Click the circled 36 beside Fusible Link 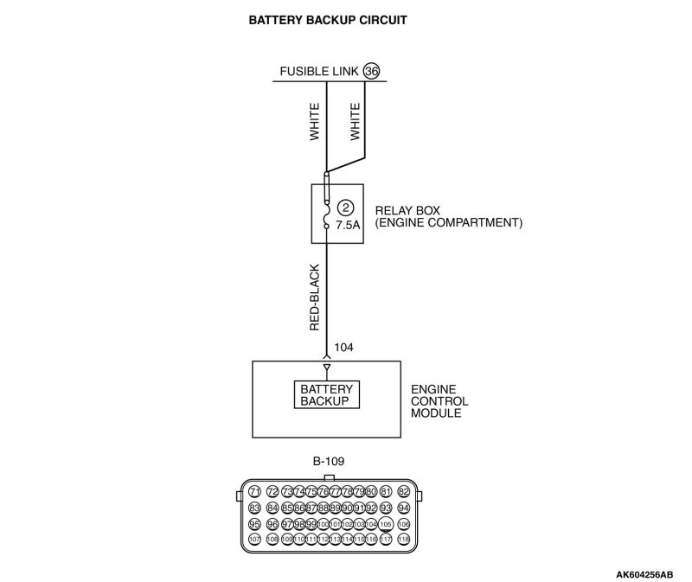pyautogui.click(x=372, y=71)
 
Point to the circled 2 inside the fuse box pyautogui.click(x=346, y=208)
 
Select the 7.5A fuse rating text pyautogui.click(x=347, y=226)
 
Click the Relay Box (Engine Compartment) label pyautogui.click(x=448, y=216)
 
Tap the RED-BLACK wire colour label pyautogui.click(x=315, y=297)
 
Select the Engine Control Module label pyautogui.click(x=440, y=401)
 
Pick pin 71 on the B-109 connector pyautogui.click(x=255, y=492)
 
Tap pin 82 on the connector pyautogui.click(x=403, y=492)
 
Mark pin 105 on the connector pyautogui.click(x=386, y=524)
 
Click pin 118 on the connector pyautogui.click(x=403, y=539)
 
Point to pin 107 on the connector pyautogui.click(x=254, y=539)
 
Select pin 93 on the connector pyautogui.click(x=386, y=508)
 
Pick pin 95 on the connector pyautogui.click(x=254, y=524)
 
